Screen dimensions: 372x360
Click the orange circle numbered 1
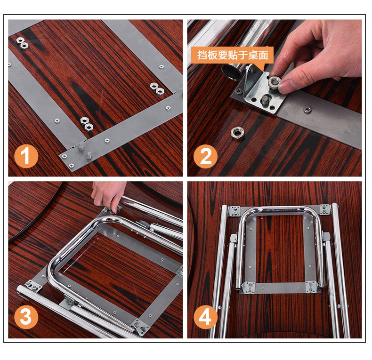pyautogui.click(x=26, y=156)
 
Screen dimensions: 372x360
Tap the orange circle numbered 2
pyautogui.click(x=205, y=156)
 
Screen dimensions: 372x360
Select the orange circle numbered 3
pyautogui.click(x=26, y=317)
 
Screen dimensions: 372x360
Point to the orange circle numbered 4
pyautogui.click(x=205, y=317)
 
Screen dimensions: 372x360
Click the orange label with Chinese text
pyautogui.click(x=232, y=55)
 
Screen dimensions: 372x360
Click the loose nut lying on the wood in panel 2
pyautogui.click(x=237, y=133)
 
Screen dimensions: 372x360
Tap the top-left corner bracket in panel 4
pyautogui.click(x=234, y=211)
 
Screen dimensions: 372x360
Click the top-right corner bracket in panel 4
pyautogui.click(x=325, y=209)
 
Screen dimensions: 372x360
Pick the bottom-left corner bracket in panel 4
pyautogui.click(x=248, y=288)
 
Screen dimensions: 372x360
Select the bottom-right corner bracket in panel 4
pyautogui.click(x=312, y=287)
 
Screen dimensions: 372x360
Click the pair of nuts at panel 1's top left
pyautogui.click(x=22, y=43)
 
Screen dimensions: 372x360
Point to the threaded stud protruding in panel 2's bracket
pyautogui.click(x=266, y=100)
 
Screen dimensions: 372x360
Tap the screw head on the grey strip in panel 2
pyautogui.click(x=307, y=110)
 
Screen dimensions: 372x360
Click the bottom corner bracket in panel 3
pyautogui.click(x=140, y=327)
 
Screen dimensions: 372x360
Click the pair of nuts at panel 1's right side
pyautogui.click(x=157, y=88)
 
